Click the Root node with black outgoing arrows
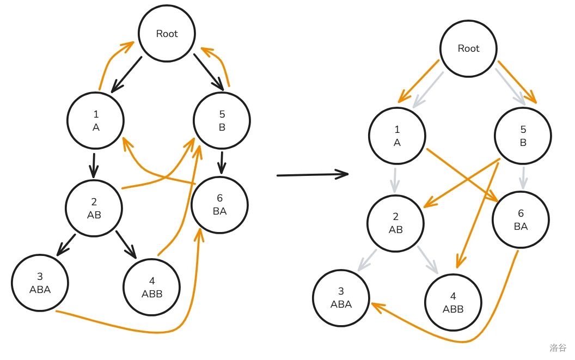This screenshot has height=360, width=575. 167,34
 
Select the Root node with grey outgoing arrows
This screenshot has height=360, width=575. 468,48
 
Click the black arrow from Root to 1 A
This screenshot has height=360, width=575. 126,74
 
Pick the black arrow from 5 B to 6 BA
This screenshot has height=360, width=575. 222,162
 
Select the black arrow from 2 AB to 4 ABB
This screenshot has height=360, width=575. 126,243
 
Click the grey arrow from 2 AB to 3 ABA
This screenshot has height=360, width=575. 368,260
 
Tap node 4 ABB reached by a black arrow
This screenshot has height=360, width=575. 152,287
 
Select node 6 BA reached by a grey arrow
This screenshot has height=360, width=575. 521,220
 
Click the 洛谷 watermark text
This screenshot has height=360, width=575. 558,347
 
